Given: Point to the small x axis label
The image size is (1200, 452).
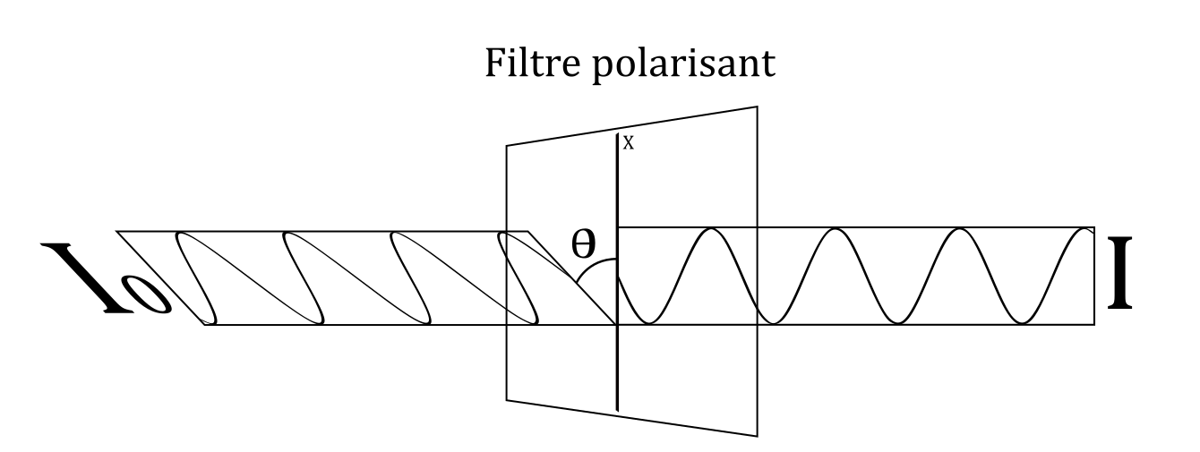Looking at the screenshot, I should pos(629,143).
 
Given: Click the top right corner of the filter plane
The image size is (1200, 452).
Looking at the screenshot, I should pos(759,107).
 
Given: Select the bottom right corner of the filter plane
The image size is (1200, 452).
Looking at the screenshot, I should pos(759,436).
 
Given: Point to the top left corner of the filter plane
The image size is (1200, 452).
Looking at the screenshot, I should pos(507,145).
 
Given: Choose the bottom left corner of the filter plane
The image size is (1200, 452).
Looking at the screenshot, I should pos(507,399).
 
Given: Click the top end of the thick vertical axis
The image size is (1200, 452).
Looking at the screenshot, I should pos(618,134).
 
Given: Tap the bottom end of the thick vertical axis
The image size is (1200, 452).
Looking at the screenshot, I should pos(618,411).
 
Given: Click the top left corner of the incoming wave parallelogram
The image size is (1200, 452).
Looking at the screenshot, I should pos(118,232).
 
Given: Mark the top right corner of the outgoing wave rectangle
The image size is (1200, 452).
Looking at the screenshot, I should pos(1093,228).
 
